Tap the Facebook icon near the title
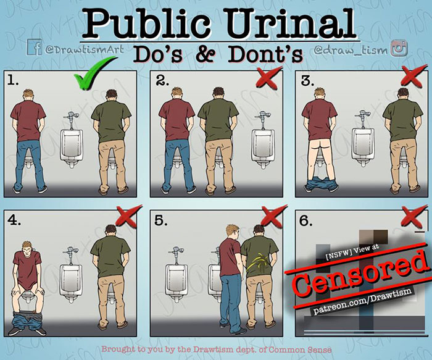tap(34, 47)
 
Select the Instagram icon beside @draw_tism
tap(399, 48)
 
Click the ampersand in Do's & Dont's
tap(207, 54)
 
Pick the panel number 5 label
tap(160, 220)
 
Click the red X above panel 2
tap(268, 78)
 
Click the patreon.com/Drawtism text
tap(363, 301)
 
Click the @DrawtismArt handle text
tap(85, 49)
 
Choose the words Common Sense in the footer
tap(300, 350)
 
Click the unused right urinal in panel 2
tap(263, 148)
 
